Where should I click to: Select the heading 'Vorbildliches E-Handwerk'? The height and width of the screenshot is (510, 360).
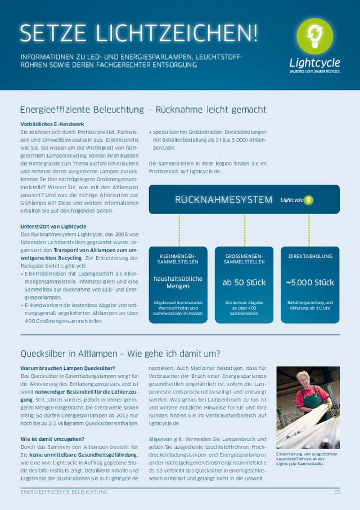[52, 123]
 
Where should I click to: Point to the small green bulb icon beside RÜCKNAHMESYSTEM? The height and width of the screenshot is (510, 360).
[308, 200]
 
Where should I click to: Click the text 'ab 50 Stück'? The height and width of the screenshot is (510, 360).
[244, 282]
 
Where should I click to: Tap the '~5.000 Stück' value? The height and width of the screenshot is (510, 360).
[310, 282]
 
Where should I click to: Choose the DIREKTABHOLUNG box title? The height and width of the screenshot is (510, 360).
[310, 256]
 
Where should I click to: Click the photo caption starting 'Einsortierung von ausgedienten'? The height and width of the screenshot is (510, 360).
[307, 459]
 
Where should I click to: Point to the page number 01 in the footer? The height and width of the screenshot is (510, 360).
[337, 491]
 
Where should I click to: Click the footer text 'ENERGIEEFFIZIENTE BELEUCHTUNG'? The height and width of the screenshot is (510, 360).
[64, 491]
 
